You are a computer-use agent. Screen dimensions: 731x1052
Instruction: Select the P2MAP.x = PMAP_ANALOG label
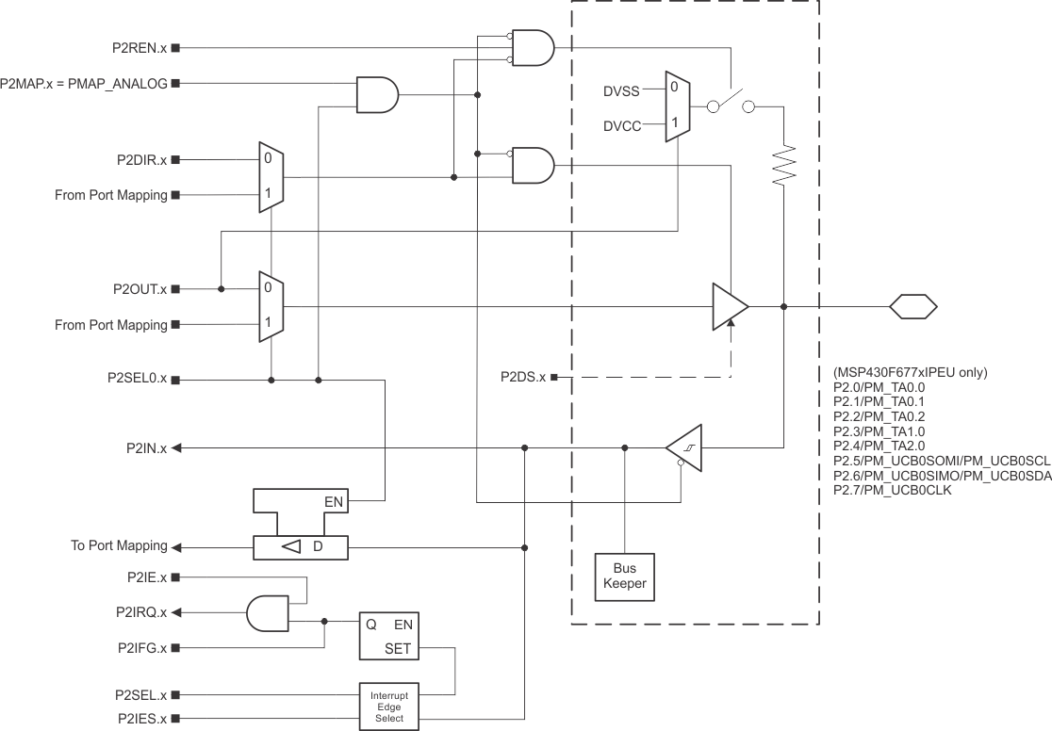84,84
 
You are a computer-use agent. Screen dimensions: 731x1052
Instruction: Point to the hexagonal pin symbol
913,306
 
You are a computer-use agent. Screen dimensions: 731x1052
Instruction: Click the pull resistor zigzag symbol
784,166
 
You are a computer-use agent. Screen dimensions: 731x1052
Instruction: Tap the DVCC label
622,125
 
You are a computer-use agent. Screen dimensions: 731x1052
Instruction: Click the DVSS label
622,91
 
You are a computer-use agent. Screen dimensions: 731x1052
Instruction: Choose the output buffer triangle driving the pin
729,306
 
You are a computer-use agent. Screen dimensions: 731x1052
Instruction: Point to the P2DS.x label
523,378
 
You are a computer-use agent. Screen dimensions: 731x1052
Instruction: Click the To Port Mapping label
119,546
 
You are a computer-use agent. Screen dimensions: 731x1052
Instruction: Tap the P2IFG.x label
142,648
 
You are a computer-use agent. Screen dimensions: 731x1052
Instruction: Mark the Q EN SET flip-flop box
390,637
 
